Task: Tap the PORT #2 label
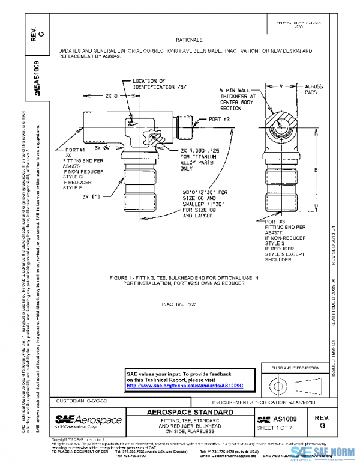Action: pyautogui.click(x=220, y=120)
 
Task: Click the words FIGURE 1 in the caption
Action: pyautogui.click(x=125, y=278)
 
